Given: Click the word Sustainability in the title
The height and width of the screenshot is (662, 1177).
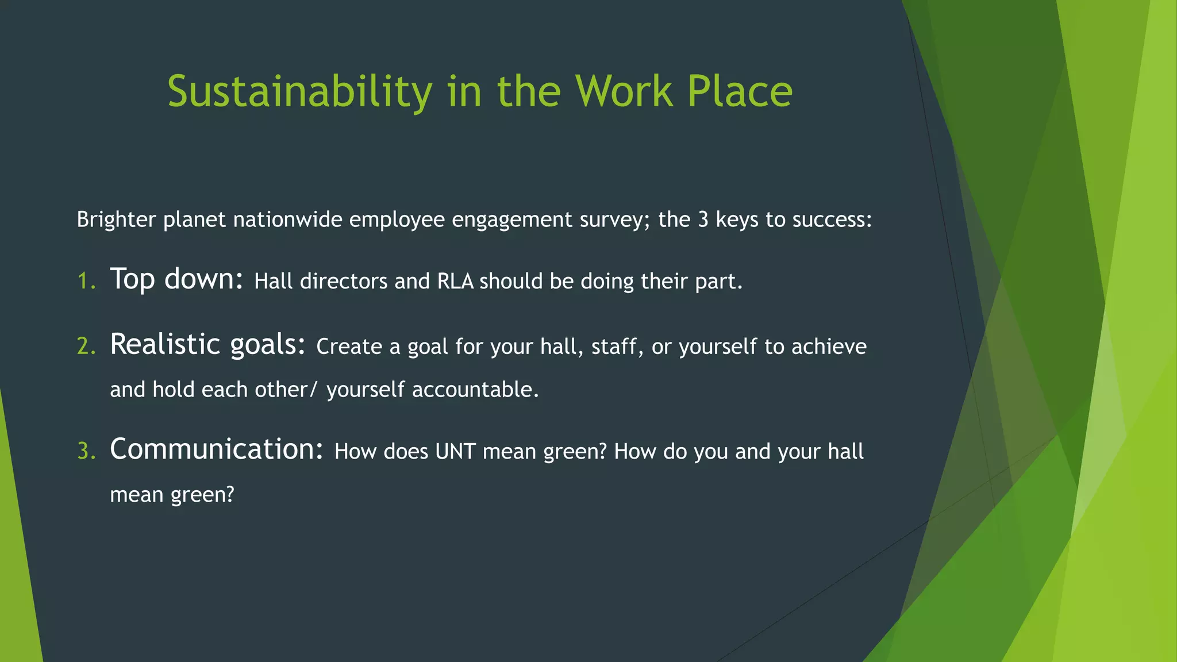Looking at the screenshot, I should click(x=299, y=92).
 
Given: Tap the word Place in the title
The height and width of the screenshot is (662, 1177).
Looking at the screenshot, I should click(x=740, y=92).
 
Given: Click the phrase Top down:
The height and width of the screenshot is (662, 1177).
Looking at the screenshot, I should click(x=176, y=280).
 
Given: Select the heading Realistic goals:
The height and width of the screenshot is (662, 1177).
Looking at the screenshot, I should click(x=207, y=345).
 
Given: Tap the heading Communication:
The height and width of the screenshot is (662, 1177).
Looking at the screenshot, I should click(x=217, y=449).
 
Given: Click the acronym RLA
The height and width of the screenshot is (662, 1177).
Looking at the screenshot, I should click(x=455, y=282).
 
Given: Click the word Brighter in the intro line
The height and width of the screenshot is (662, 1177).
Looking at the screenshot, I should click(x=116, y=220).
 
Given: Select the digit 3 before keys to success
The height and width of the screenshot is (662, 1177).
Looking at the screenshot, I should click(x=703, y=220).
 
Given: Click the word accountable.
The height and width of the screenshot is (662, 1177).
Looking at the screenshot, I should click(x=475, y=390).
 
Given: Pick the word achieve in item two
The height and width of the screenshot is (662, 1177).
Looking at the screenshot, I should click(x=829, y=347).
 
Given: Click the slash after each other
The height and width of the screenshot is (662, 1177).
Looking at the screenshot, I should click(x=313, y=390).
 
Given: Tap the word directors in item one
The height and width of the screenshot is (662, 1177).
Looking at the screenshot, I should click(x=343, y=282).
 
